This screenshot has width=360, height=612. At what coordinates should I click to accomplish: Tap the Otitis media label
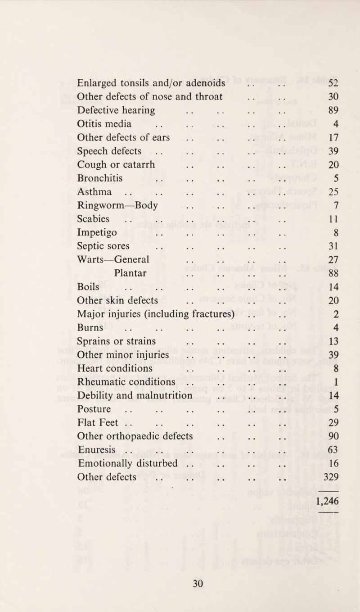click(x=104, y=123)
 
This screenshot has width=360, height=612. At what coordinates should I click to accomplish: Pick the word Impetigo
click(x=98, y=233)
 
